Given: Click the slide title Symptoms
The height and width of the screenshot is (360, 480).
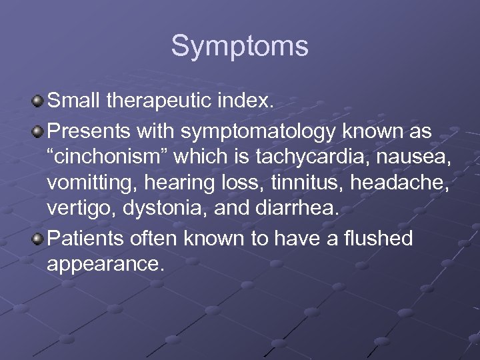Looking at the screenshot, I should (x=239, y=47).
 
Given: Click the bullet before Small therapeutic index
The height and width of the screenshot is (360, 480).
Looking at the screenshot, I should (x=38, y=101).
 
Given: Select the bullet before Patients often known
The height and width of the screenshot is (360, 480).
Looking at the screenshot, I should (x=38, y=238).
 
